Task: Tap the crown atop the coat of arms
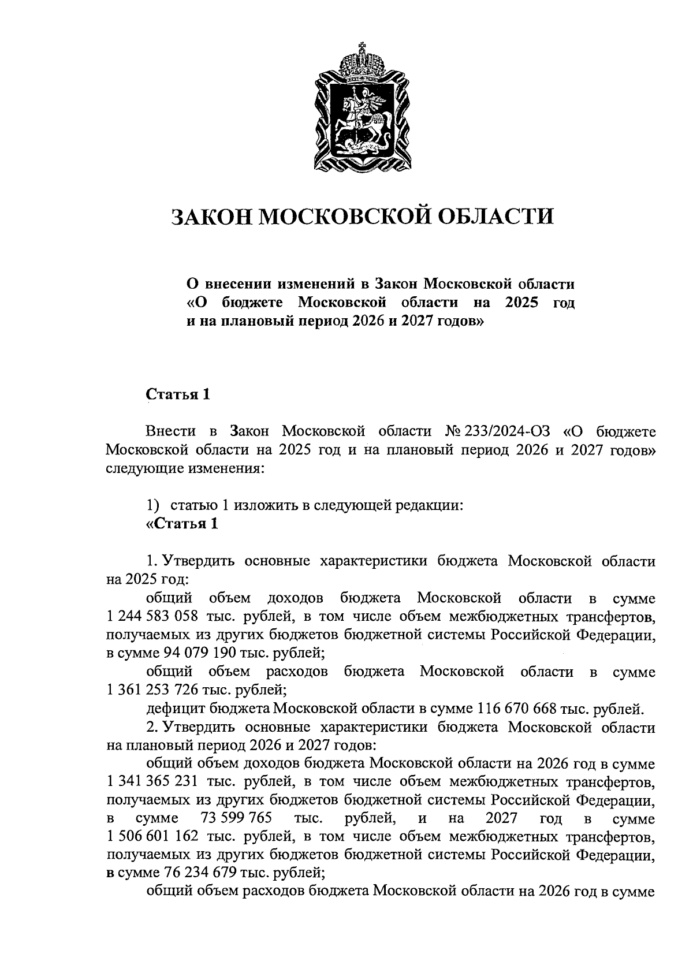pos(363,61)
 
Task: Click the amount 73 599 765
pos(236,819)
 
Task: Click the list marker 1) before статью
pos(152,505)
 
